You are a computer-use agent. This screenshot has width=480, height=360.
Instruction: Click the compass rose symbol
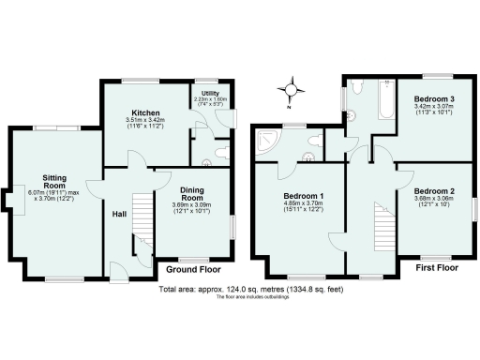click(291, 91)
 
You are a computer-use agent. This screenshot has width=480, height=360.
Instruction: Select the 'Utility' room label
click(210, 94)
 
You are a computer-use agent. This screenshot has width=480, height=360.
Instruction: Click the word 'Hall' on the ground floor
click(119, 213)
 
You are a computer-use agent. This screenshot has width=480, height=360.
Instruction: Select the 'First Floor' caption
click(441, 267)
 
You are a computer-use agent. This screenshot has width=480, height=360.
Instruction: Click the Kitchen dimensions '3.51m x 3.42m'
click(144, 120)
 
